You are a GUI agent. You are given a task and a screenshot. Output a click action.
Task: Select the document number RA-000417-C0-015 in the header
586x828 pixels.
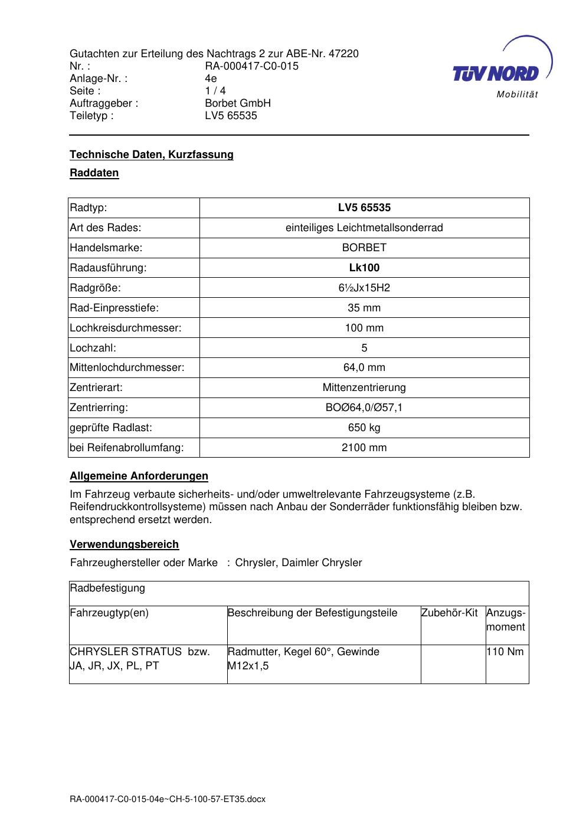tap(251, 66)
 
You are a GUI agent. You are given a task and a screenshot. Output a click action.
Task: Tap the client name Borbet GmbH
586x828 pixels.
tap(238, 103)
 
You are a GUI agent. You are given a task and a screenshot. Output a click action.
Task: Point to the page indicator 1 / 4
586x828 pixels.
tap(215, 91)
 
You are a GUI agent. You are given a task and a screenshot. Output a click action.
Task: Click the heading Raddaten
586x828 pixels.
tap(94, 173)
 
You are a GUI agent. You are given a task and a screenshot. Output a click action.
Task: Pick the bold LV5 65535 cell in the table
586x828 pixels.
tap(364, 208)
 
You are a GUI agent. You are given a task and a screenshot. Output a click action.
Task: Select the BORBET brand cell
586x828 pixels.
tap(364, 248)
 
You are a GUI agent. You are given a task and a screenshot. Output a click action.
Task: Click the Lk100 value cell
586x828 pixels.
tap(364, 268)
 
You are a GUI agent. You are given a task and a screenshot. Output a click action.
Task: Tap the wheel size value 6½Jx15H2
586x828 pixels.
tap(364, 288)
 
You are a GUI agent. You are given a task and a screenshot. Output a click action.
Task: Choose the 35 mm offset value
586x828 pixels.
tap(364, 308)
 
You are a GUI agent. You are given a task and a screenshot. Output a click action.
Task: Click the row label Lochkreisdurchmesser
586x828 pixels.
tap(126, 328)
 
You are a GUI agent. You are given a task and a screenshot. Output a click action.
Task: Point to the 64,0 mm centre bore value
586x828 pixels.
tap(364, 367)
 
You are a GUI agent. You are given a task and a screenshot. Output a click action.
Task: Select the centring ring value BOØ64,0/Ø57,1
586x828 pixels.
tap(364, 408)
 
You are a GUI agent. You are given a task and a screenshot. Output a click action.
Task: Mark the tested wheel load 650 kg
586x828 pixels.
tap(364, 428)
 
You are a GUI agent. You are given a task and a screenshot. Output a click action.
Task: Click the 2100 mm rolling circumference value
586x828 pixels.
tap(364, 448)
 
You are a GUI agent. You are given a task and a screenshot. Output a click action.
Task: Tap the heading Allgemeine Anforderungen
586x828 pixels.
tap(139, 476)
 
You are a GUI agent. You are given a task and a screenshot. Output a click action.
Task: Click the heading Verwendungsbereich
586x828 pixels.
tap(125, 544)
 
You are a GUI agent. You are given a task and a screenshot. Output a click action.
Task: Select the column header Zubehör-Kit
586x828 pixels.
tap(450, 613)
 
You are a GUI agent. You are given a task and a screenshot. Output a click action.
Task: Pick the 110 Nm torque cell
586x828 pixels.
tap(506, 652)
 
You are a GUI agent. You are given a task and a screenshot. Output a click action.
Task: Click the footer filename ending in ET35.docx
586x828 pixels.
tap(168, 800)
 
